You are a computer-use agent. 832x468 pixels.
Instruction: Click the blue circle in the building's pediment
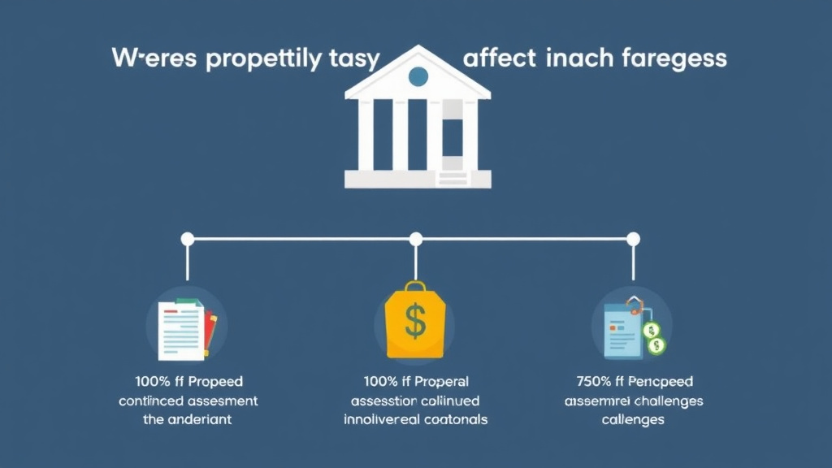point(418,77)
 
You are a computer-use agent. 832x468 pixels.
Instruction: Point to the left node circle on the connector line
point(188,239)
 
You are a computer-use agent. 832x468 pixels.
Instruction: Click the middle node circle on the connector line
point(416,239)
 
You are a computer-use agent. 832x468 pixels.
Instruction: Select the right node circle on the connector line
point(633,239)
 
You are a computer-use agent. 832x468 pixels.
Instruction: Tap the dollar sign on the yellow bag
point(415,323)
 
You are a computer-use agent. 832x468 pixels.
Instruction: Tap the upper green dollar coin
point(652,330)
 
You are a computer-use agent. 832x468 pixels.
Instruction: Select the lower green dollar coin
point(656,346)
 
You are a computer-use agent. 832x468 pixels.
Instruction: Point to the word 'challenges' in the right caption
point(669,401)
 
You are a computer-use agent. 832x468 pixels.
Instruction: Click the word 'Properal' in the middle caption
point(435,381)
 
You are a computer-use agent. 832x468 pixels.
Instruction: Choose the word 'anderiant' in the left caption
point(200,419)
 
